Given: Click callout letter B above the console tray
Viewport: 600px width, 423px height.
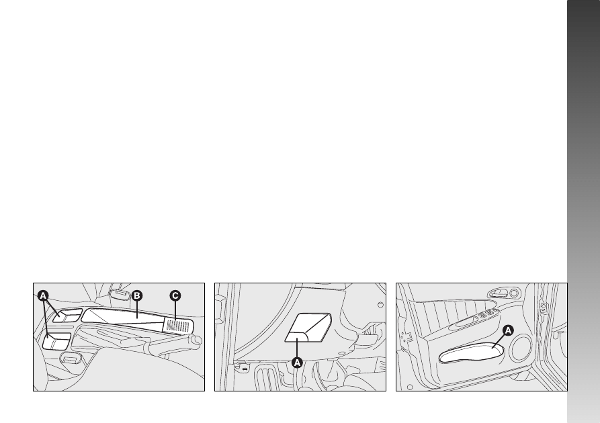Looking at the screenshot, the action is [x=136, y=295].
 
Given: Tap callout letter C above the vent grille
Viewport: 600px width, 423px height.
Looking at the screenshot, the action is [x=175, y=295].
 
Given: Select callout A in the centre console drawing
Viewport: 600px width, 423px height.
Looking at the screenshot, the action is [x=43, y=295].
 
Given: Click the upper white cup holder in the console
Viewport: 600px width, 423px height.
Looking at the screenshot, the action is [x=67, y=315].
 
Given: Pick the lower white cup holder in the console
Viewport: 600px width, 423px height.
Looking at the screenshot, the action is [x=56, y=341].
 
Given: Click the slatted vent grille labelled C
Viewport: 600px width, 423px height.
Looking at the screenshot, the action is [x=177, y=326].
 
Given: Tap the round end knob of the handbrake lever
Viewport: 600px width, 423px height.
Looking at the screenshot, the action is [x=197, y=340].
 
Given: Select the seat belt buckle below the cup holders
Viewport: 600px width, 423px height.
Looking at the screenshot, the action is [x=71, y=359].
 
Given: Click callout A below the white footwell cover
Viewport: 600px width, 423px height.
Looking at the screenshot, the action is [x=297, y=362].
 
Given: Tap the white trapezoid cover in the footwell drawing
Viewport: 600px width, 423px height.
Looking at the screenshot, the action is [x=308, y=328].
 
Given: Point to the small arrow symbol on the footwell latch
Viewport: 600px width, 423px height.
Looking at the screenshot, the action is [x=244, y=369].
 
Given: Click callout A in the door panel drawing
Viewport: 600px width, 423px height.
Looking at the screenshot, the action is [x=508, y=330].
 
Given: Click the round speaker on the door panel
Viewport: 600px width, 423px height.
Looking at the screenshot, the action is [x=521, y=347].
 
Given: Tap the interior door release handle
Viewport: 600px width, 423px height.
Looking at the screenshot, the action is [x=498, y=293].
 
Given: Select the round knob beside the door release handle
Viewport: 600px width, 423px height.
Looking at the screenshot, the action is [x=514, y=293].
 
